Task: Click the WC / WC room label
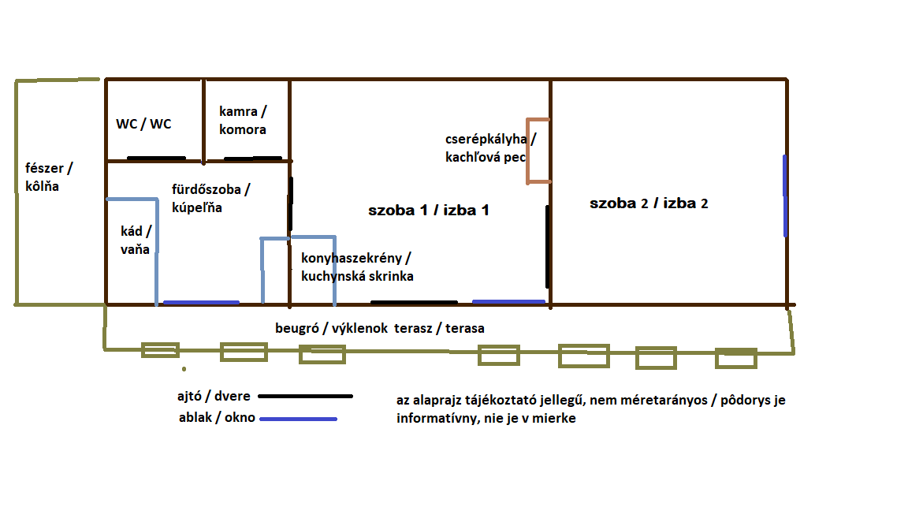[143, 124]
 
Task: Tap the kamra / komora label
[243, 121]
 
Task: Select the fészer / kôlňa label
[53, 177]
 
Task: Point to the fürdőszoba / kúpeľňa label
[210, 198]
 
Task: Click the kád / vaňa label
[135, 241]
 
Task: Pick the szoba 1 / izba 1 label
[429, 211]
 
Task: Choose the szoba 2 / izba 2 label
[649, 203]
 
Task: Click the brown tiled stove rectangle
[538, 151]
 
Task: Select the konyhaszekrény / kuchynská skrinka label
[356, 267]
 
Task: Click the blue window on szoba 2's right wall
[785, 195]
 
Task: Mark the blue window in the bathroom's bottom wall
[200, 303]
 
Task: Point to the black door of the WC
[156, 159]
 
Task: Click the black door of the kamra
[252, 159]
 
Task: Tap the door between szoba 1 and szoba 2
[547, 247]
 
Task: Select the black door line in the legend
[305, 397]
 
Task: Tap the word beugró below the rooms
[296, 328]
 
